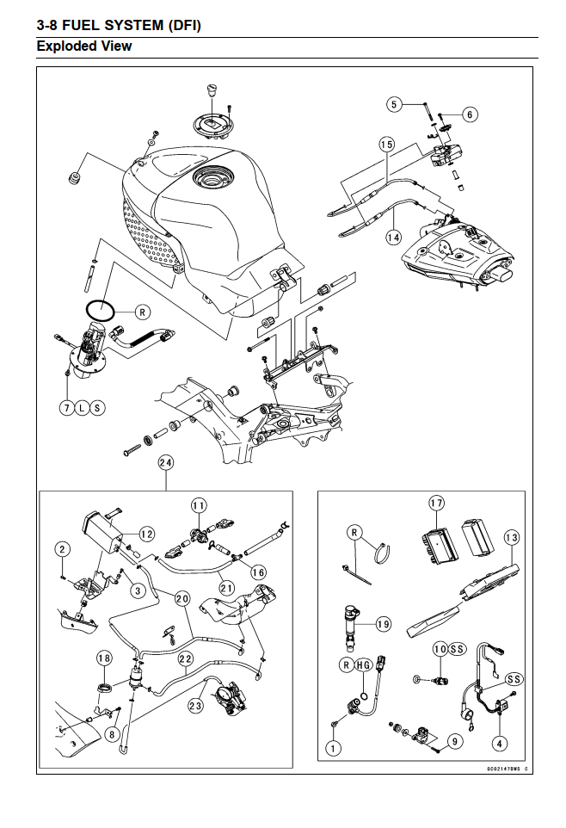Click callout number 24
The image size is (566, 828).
pos(166,462)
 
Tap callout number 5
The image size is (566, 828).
pos(394,104)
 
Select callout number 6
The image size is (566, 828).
pos(470,114)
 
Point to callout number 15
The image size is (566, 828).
pos(387,144)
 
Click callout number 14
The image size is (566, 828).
pos(393,237)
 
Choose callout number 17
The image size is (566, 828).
pos(437,503)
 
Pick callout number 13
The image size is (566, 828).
pos(512,538)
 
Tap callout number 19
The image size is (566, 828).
pos(384,624)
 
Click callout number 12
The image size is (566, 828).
pos(147,534)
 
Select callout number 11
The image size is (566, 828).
pos(199,506)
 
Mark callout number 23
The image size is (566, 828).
pos(196,706)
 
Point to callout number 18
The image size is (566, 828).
pos(105,658)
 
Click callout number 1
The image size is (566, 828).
pos(333,748)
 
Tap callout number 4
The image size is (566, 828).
pos(500,744)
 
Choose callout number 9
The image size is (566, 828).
pos(455,741)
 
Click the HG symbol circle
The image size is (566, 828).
pos(363,664)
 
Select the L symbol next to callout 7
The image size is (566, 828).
pos(82,408)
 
